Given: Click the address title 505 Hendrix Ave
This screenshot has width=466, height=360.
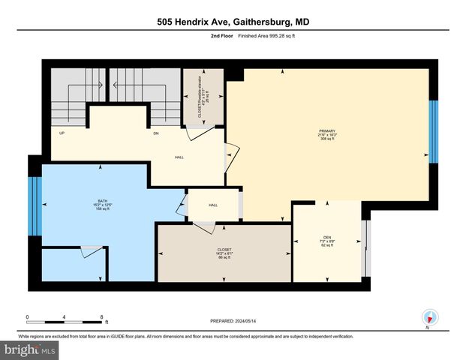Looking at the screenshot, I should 233,22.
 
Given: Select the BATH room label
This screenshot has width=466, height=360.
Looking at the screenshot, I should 95,200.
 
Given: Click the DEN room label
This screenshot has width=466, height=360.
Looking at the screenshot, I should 327,238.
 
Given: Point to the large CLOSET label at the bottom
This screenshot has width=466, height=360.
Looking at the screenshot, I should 224,249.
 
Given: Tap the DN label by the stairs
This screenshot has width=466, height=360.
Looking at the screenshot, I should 156,133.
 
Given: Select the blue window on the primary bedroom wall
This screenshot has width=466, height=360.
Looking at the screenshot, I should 432,131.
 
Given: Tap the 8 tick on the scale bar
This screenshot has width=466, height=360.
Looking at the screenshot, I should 101,316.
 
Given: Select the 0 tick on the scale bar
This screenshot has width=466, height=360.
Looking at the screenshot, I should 28,316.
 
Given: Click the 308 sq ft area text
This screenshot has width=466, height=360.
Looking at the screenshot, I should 328,139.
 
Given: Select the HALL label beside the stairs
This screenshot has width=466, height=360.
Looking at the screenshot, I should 179,157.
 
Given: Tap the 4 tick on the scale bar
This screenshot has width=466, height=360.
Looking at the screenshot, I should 65,316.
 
